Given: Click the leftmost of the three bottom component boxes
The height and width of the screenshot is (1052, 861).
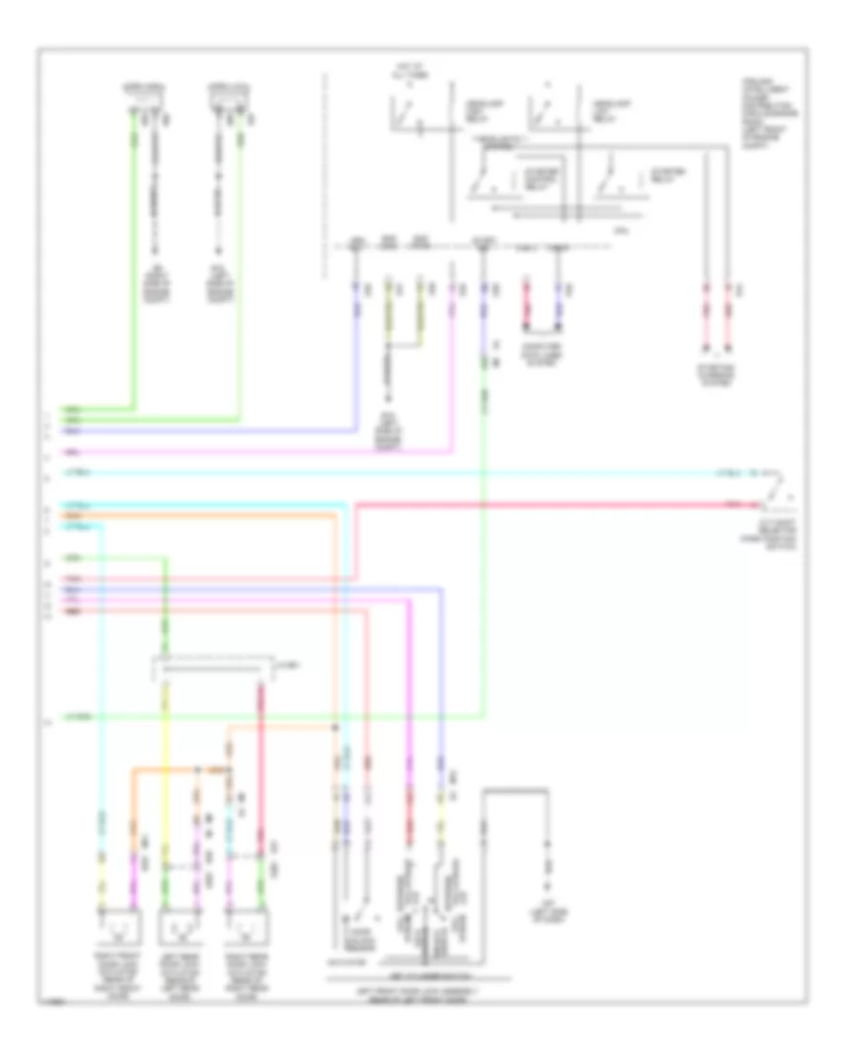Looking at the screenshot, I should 120,927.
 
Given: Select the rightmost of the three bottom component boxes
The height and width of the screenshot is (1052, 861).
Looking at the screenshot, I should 245,927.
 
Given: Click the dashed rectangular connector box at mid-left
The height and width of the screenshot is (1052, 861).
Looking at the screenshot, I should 215,668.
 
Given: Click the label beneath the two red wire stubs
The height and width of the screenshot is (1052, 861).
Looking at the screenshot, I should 717,378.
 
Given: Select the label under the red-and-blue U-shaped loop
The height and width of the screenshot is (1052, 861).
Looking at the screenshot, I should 543,357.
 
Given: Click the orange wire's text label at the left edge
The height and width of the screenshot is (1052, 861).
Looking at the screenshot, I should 73,515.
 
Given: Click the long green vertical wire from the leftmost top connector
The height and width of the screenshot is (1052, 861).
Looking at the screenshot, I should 135,258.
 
